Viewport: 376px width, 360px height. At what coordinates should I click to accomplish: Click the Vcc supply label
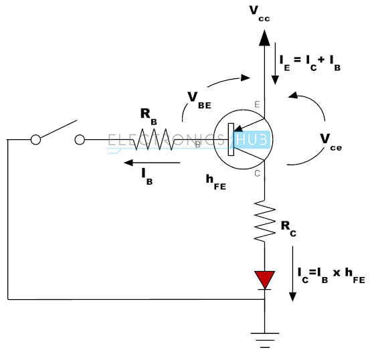coord(260,14)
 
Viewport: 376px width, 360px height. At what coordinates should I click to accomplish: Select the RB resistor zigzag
coord(154,139)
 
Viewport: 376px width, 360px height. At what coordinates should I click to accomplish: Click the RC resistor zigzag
coord(264,221)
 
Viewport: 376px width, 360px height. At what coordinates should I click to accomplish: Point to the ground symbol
coord(265,340)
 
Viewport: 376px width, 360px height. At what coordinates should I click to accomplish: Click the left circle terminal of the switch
coord(35,140)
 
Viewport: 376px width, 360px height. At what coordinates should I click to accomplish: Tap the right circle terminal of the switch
coord(80,140)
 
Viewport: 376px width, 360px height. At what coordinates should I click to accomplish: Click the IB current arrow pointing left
coord(152,163)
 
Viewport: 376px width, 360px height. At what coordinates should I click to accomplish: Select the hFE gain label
coord(216,182)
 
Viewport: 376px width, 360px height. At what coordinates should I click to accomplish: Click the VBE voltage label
coord(199,100)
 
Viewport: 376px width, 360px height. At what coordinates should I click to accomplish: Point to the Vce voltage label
coord(331,142)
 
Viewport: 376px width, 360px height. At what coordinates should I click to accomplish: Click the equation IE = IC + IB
coord(310,63)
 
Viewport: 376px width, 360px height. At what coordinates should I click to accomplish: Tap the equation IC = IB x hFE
coord(331,276)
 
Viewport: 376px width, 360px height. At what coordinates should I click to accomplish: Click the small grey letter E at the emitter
coord(257,104)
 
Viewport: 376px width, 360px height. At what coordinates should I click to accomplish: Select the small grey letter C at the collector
coord(258,173)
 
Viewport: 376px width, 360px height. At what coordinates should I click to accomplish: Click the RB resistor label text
coord(149,116)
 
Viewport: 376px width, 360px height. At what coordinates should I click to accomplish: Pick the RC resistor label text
coord(288,229)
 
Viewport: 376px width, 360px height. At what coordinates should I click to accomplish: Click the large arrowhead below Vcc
coord(264,37)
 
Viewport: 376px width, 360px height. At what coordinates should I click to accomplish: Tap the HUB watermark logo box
coord(252,140)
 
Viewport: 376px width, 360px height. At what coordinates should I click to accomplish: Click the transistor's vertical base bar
coord(231,139)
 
